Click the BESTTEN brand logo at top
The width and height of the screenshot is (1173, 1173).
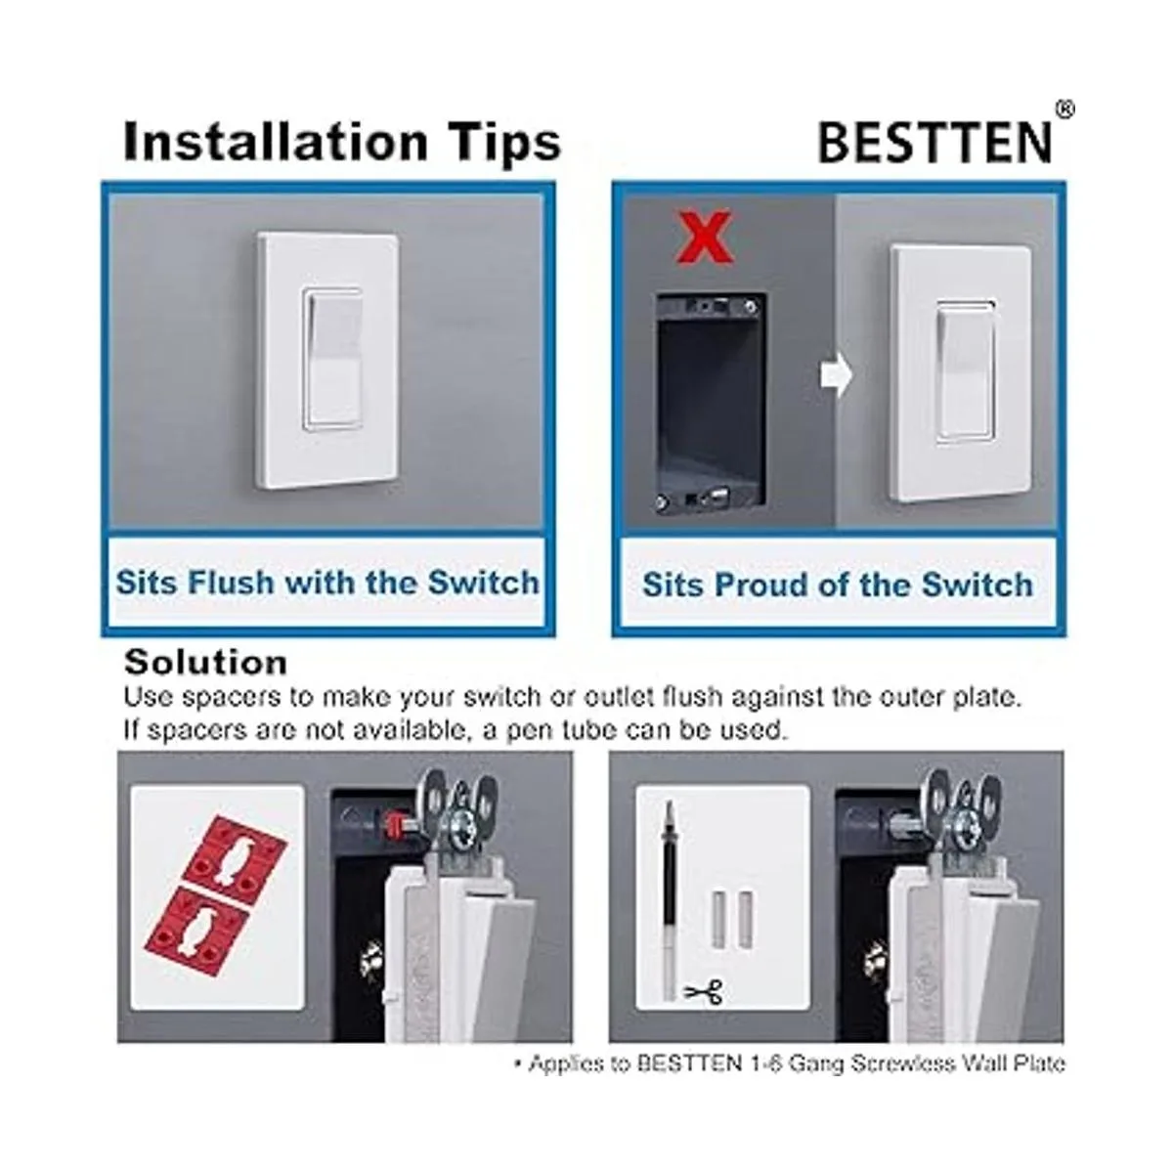pyautogui.click(x=934, y=143)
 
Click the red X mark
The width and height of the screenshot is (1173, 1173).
pyautogui.click(x=706, y=239)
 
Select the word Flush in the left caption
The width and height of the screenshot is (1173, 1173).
pyautogui.click(x=231, y=583)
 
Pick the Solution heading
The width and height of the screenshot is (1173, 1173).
pyautogui.click(x=205, y=663)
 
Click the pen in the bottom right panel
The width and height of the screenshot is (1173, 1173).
pyautogui.click(x=671, y=899)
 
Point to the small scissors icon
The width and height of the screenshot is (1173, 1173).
pyautogui.click(x=702, y=993)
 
